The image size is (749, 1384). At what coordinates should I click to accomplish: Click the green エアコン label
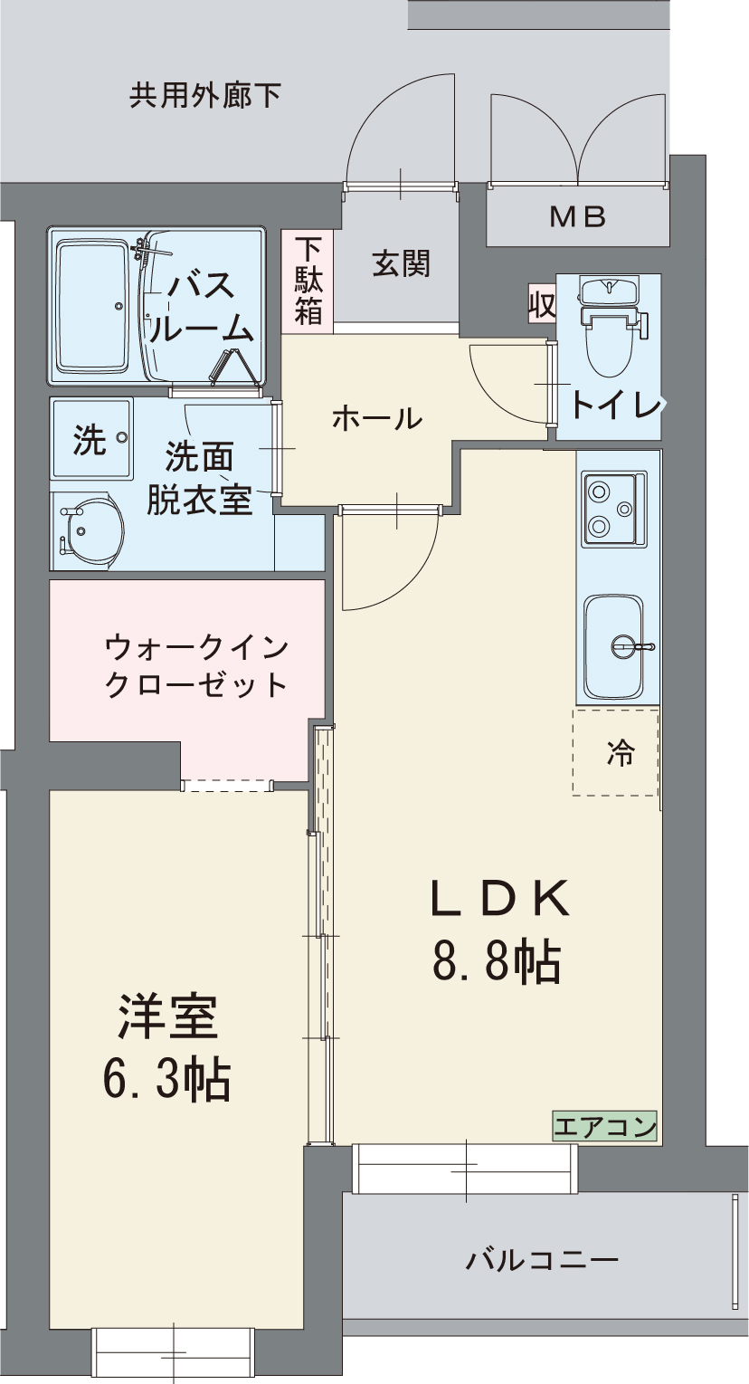pos(604,1127)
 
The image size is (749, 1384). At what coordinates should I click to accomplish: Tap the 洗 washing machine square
pos(91,440)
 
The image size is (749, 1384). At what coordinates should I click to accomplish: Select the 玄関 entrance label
pos(401,264)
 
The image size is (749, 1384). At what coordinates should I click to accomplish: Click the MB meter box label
pos(578,217)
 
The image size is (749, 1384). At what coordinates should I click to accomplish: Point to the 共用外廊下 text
pos(204,95)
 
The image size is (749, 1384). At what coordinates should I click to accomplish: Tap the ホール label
pos(376,419)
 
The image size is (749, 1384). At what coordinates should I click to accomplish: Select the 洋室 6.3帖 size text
pos(167,1047)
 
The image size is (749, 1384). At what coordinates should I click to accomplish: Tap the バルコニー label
pos(543,1259)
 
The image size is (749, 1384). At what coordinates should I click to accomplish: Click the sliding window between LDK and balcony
pos(465,1169)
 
